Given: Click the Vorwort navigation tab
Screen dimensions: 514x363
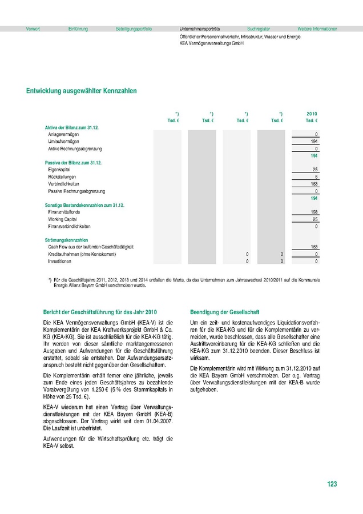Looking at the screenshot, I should pyautogui.click(x=33, y=29).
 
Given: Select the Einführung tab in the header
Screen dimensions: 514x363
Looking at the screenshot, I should pyautogui.click(x=78, y=29).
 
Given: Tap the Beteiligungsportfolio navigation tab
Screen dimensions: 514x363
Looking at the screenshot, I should pyautogui.click(x=134, y=29).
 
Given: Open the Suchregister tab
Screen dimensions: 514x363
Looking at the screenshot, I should pyautogui.click(x=259, y=29).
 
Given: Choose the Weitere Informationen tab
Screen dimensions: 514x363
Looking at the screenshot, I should pyautogui.click(x=317, y=29).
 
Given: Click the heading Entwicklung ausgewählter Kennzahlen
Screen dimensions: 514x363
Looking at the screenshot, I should pyautogui.click(x=81, y=90).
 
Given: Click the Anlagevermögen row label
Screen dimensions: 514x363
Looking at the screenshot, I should pyautogui.click(x=64, y=134).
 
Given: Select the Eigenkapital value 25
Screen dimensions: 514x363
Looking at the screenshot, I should pyautogui.click(x=315, y=170).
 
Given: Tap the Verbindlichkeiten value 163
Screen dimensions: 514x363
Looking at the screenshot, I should pyautogui.click(x=314, y=184).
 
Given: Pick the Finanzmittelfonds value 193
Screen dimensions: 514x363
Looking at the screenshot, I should pyautogui.click(x=314, y=212).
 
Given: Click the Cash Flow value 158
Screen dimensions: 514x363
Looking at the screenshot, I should pyautogui.click(x=314, y=247).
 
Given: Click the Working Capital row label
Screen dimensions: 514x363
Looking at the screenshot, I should pyautogui.click(x=63, y=219).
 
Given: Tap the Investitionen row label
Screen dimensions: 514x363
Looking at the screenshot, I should pyautogui.click(x=60, y=261).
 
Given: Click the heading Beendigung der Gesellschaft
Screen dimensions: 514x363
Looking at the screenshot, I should pyautogui.click(x=224, y=312).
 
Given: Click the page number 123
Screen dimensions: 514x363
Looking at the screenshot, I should pyautogui.click(x=332, y=484).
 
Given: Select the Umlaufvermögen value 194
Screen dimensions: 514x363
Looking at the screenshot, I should pyautogui.click(x=314, y=141).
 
